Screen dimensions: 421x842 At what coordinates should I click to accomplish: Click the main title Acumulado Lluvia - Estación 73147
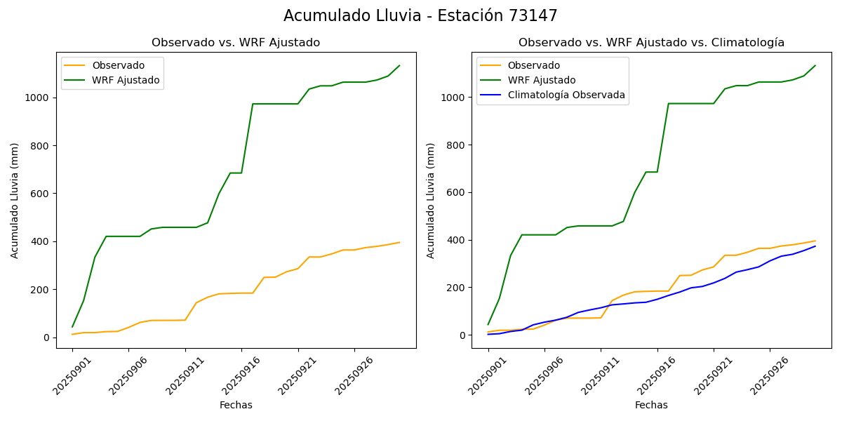(x=420, y=15)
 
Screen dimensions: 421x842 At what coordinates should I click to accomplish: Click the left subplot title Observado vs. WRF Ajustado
(x=236, y=43)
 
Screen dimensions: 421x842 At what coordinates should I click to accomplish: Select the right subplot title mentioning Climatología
(x=651, y=43)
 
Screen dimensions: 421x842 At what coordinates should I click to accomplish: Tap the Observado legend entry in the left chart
(x=118, y=65)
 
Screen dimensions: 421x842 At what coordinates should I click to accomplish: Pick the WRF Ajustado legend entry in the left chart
(x=126, y=80)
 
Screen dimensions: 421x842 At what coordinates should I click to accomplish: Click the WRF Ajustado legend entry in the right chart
(x=542, y=80)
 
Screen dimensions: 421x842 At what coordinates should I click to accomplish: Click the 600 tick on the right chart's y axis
(x=457, y=192)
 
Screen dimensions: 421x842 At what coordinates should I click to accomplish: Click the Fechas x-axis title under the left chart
(x=236, y=405)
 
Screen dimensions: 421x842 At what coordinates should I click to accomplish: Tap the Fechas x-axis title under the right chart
(x=651, y=405)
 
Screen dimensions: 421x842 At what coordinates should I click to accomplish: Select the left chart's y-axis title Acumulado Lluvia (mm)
(x=15, y=200)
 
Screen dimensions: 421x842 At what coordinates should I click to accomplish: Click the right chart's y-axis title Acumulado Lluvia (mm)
(x=431, y=200)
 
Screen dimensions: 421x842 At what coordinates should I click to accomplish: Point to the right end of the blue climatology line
(x=815, y=246)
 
